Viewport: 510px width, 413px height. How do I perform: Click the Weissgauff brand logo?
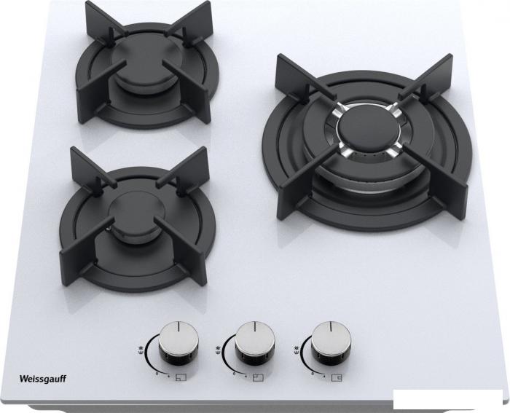click(43, 379)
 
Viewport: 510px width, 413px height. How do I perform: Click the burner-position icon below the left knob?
click(181, 378)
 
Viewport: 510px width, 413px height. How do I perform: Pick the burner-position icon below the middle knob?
click(258, 378)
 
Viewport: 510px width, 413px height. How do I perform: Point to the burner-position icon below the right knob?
click(337, 377)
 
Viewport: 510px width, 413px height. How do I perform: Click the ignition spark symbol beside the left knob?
click(140, 350)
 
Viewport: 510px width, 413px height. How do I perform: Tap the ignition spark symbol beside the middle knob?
click(218, 350)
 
